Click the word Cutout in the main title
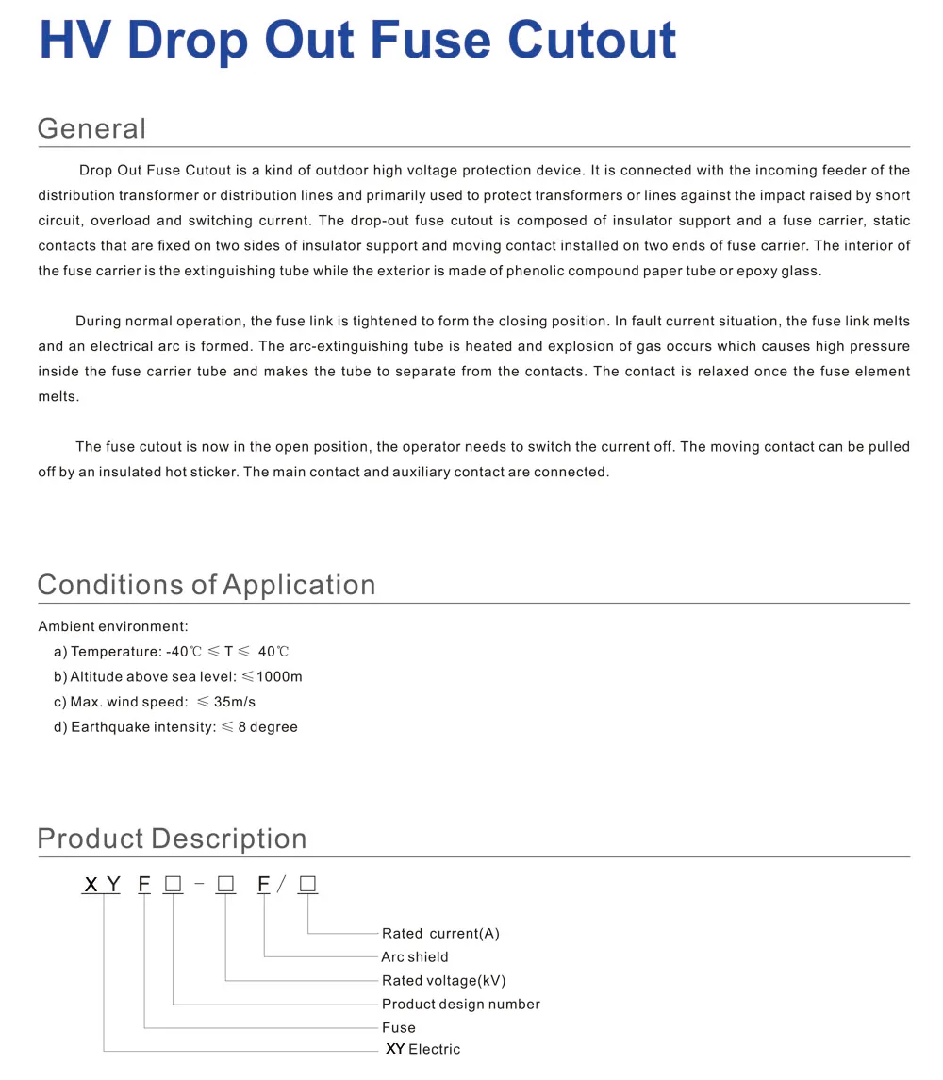[x=592, y=40]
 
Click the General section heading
[x=91, y=129]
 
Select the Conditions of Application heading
[x=206, y=585]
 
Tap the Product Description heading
[x=172, y=839]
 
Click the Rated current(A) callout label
[x=440, y=934]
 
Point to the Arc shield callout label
[x=415, y=957]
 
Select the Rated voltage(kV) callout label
[x=443, y=981]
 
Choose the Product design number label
[x=461, y=1005]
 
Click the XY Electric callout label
[x=422, y=1049]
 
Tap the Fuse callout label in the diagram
[x=398, y=1028]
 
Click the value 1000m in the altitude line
[x=279, y=677]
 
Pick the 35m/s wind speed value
[x=234, y=703]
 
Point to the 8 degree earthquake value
[x=273, y=727]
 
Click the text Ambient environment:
[x=113, y=626]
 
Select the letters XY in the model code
[x=103, y=885]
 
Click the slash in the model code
[x=281, y=885]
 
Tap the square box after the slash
[x=307, y=885]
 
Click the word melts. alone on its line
[x=58, y=397]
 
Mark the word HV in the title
[x=74, y=40]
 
